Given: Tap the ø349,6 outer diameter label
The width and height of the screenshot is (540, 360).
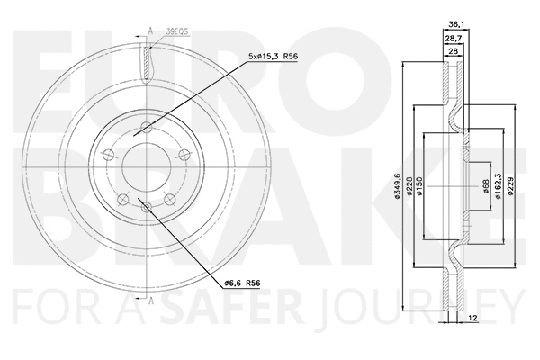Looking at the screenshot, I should click(398, 185).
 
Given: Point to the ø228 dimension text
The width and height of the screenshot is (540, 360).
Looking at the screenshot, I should click(409, 185).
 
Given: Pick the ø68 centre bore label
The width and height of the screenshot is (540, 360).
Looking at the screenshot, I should click(486, 185).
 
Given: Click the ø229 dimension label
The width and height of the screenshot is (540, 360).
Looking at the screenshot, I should click(511, 185).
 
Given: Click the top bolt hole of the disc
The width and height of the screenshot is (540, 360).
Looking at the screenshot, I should click(147, 126).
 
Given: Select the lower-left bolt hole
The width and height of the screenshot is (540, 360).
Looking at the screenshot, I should click(124, 198).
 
